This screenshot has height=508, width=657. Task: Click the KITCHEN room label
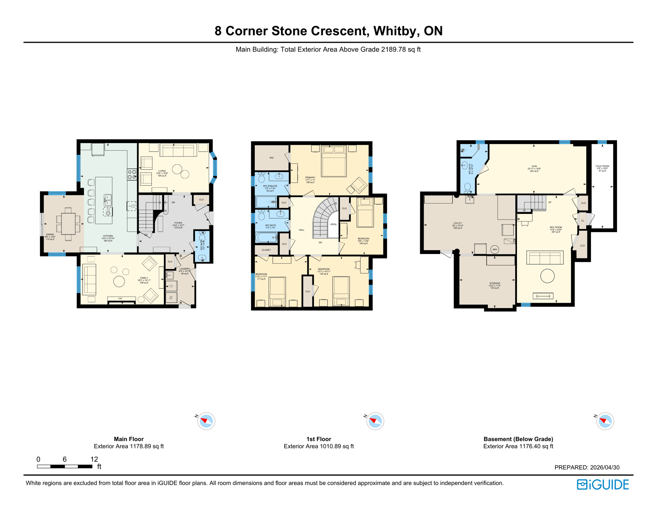click(108, 236)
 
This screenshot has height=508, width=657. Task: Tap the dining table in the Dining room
click(68, 224)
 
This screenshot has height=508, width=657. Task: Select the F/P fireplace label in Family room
click(120, 299)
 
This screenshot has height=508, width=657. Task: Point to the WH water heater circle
click(495, 249)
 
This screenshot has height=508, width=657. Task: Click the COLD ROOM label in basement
click(602, 166)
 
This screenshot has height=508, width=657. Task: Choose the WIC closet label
click(272, 158)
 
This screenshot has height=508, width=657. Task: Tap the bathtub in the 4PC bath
click(266, 237)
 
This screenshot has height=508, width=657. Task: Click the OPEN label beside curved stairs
click(333, 224)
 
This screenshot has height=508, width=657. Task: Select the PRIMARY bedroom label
click(310, 178)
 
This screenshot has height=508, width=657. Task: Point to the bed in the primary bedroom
click(334, 161)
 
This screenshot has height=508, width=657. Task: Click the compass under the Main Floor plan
click(206, 421)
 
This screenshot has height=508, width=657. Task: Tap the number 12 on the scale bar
click(94, 459)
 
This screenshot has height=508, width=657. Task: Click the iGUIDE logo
click(603, 485)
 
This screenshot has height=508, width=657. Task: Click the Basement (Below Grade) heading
click(518, 439)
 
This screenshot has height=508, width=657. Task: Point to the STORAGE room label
click(495, 283)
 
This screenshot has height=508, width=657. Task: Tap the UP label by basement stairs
click(550, 202)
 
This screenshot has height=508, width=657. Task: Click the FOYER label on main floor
click(178, 223)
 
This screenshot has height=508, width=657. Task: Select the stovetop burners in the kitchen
click(132, 174)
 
